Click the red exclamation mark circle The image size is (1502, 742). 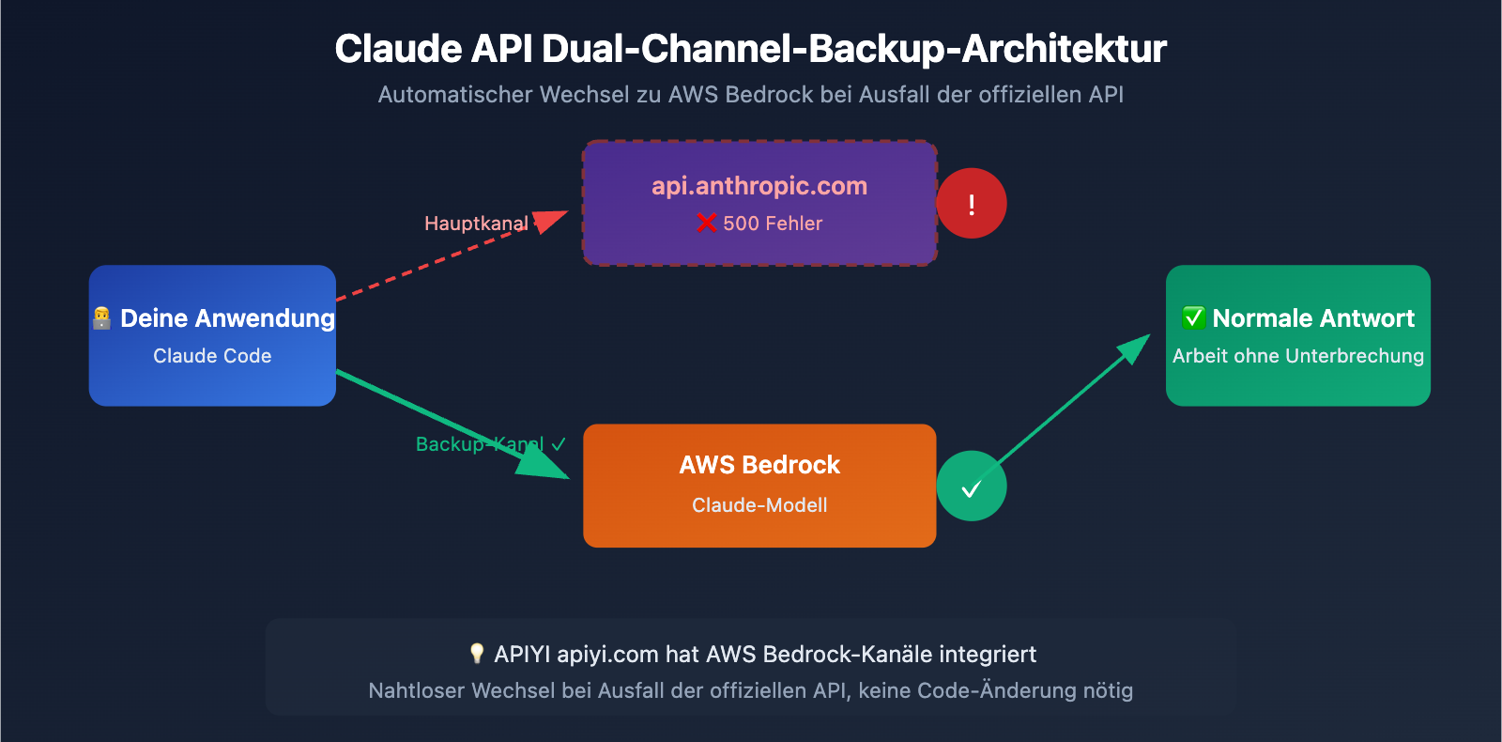pyautogui.click(x=972, y=204)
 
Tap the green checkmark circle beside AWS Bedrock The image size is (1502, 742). pyautogui.click(x=972, y=487)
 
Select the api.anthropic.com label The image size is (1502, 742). pyautogui.click(x=759, y=186)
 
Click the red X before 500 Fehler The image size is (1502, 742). pyautogui.click(x=706, y=223)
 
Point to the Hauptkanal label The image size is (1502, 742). pyautogui.click(x=476, y=224)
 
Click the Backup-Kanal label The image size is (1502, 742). pyautogui.click(x=480, y=444)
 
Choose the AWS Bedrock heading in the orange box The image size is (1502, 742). pyautogui.click(x=759, y=465)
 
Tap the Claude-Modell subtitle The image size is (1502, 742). pyautogui.click(x=759, y=505)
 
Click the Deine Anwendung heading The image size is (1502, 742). pyautogui.click(x=227, y=318)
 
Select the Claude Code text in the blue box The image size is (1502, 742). pyautogui.click(x=212, y=356)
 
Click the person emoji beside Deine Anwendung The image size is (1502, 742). pyautogui.click(x=102, y=318)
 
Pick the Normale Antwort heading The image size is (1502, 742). pyautogui.click(x=1312, y=318)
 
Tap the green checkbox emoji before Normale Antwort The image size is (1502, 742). pyautogui.click(x=1193, y=317)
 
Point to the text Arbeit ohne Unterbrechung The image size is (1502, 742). pyautogui.click(x=1297, y=356)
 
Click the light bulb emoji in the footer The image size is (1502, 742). pyautogui.click(x=477, y=653)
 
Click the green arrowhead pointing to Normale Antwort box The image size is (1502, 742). pyautogui.click(x=1135, y=348)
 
